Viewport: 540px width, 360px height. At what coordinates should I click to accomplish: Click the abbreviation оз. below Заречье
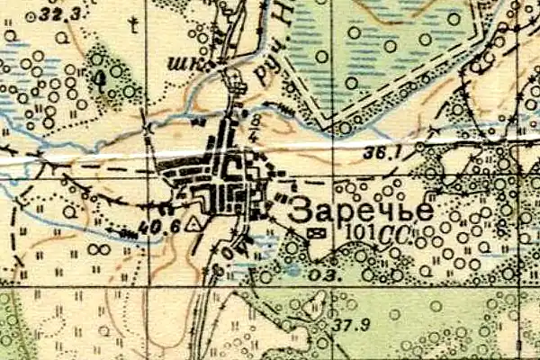[322, 274]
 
